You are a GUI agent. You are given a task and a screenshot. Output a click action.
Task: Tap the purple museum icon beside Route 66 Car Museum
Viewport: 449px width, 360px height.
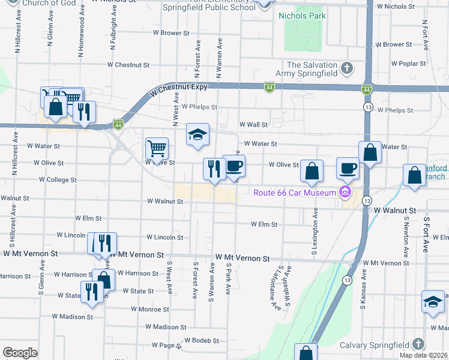(x=345, y=193)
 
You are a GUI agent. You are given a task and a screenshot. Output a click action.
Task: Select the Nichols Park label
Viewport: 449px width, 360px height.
(x=301, y=16)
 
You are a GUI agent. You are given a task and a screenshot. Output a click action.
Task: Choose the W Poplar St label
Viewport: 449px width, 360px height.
(x=406, y=63)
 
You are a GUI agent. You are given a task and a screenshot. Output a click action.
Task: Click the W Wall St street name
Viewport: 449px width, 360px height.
(x=253, y=125)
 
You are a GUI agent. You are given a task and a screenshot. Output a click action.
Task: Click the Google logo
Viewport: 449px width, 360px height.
(x=20, y=353)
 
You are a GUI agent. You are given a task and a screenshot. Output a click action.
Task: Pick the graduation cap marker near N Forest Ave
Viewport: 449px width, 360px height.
(x=196, y=135)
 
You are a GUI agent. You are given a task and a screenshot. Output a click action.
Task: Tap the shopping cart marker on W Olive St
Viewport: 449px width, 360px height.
(x=157, y=148)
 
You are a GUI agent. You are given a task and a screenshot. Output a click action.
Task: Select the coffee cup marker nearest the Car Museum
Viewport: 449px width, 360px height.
(x=348, y=168)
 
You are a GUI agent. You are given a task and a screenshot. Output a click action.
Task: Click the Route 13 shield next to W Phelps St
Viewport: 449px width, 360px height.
(x=366, y=106)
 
